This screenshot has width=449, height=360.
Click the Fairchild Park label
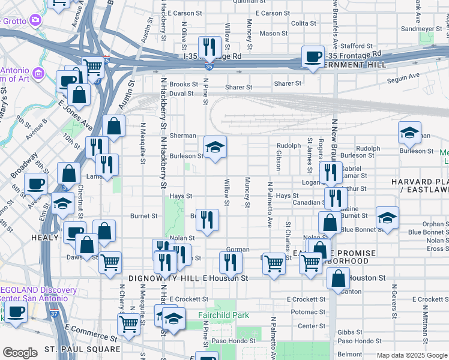[x=224, y=315]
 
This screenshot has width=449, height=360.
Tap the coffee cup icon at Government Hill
[x=312, y=57]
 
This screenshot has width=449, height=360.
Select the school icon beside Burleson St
[x=214, y=148]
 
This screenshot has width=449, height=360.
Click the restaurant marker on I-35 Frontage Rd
[x=209, y=47]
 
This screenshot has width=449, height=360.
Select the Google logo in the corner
[x=20, y=353]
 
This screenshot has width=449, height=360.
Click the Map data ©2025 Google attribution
[x=412, y=355]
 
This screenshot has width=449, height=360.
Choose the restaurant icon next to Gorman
[x=230, y=262]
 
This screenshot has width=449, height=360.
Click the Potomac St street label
[x=308, y=313]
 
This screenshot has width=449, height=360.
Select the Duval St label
[x=181, y=94]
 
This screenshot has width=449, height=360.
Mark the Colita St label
[x=303, y=24]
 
